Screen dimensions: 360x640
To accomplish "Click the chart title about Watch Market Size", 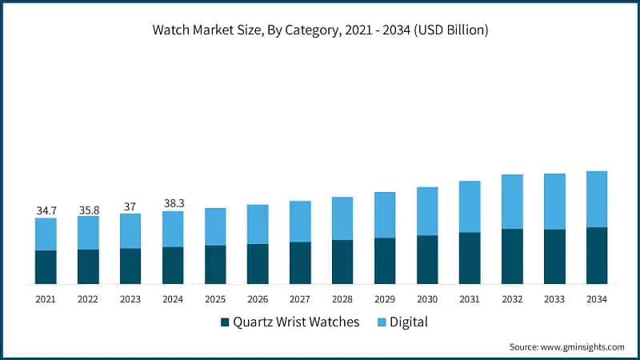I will [320, 30].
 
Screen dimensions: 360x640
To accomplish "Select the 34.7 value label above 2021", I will [46, 210].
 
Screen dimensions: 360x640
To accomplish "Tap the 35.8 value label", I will [89, 209].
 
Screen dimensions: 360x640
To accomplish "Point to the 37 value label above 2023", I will [130, 206].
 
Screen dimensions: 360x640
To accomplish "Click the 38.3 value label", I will [174, 203].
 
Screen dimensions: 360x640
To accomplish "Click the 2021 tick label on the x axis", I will [46, 298].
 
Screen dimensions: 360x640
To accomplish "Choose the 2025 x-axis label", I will [215, 298].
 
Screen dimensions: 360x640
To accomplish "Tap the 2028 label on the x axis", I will [342, 298].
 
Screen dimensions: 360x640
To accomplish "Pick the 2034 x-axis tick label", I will [597, 298].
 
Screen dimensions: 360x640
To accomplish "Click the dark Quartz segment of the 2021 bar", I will [46, 267].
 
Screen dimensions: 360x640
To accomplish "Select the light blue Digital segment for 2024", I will [174, 229].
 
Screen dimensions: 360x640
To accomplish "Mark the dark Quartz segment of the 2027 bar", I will [300, 262].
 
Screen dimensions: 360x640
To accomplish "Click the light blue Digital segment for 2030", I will [427, 211].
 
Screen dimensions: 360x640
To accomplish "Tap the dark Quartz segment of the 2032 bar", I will [512, 256].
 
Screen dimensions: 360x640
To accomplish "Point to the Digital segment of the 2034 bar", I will [597, 199].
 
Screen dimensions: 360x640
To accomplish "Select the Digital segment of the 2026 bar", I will [258, 224].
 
